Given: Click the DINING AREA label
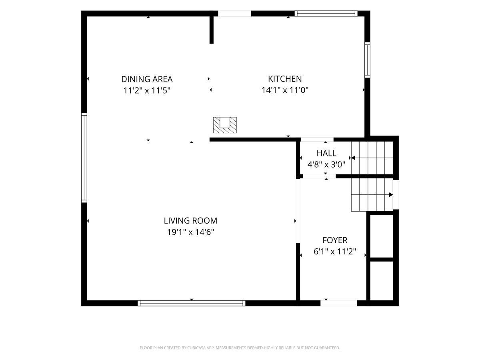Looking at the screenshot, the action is (x=147, y=79).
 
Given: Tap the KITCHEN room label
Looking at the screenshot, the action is (x=285, y=79).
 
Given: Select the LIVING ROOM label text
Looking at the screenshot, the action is (x=190, y=221).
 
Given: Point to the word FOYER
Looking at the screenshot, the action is (x=335, y=240).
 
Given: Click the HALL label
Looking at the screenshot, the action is (x=326, y=154).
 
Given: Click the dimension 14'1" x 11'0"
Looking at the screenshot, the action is (x=285, y=90).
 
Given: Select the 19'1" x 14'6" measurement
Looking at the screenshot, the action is (x=190, y=232).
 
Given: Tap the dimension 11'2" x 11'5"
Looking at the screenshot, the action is (x=147, y=90).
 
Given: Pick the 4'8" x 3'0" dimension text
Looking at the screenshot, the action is (x=326, y=164).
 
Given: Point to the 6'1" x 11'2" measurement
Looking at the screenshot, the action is (x=335, y=252).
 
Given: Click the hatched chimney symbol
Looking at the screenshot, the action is (x=225, y=125).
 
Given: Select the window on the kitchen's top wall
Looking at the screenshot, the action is (x=326, y=14).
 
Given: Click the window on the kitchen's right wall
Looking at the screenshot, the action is (x=367, y=60).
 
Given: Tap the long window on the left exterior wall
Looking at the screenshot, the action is (x=84, y=158).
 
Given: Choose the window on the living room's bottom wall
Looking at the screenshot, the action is (x=192, y=303).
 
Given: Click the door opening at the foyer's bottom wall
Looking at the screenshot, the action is (x=339, y=303).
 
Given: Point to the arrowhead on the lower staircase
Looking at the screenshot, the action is (x=391, y=194).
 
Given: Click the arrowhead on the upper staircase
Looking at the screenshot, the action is (x=353, y=158).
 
